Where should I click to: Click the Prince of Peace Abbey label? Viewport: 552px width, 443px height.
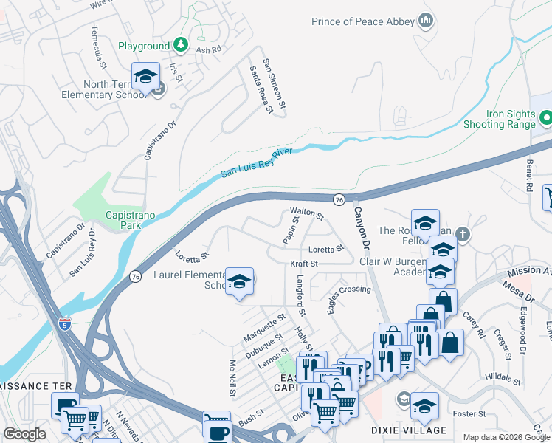point(362,21)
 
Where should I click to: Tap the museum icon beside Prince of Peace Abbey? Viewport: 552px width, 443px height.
point(425,21)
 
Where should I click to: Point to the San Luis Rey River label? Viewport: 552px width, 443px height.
point(256,162)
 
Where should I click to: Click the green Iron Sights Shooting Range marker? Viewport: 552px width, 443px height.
point(546,117)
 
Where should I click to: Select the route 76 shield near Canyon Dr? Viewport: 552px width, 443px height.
point(339,199)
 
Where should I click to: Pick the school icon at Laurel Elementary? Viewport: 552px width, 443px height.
point(239,281)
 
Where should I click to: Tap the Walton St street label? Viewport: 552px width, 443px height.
point(307,214)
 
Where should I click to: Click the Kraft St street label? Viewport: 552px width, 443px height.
point(303,263)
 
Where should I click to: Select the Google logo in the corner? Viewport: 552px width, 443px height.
point(25,434)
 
